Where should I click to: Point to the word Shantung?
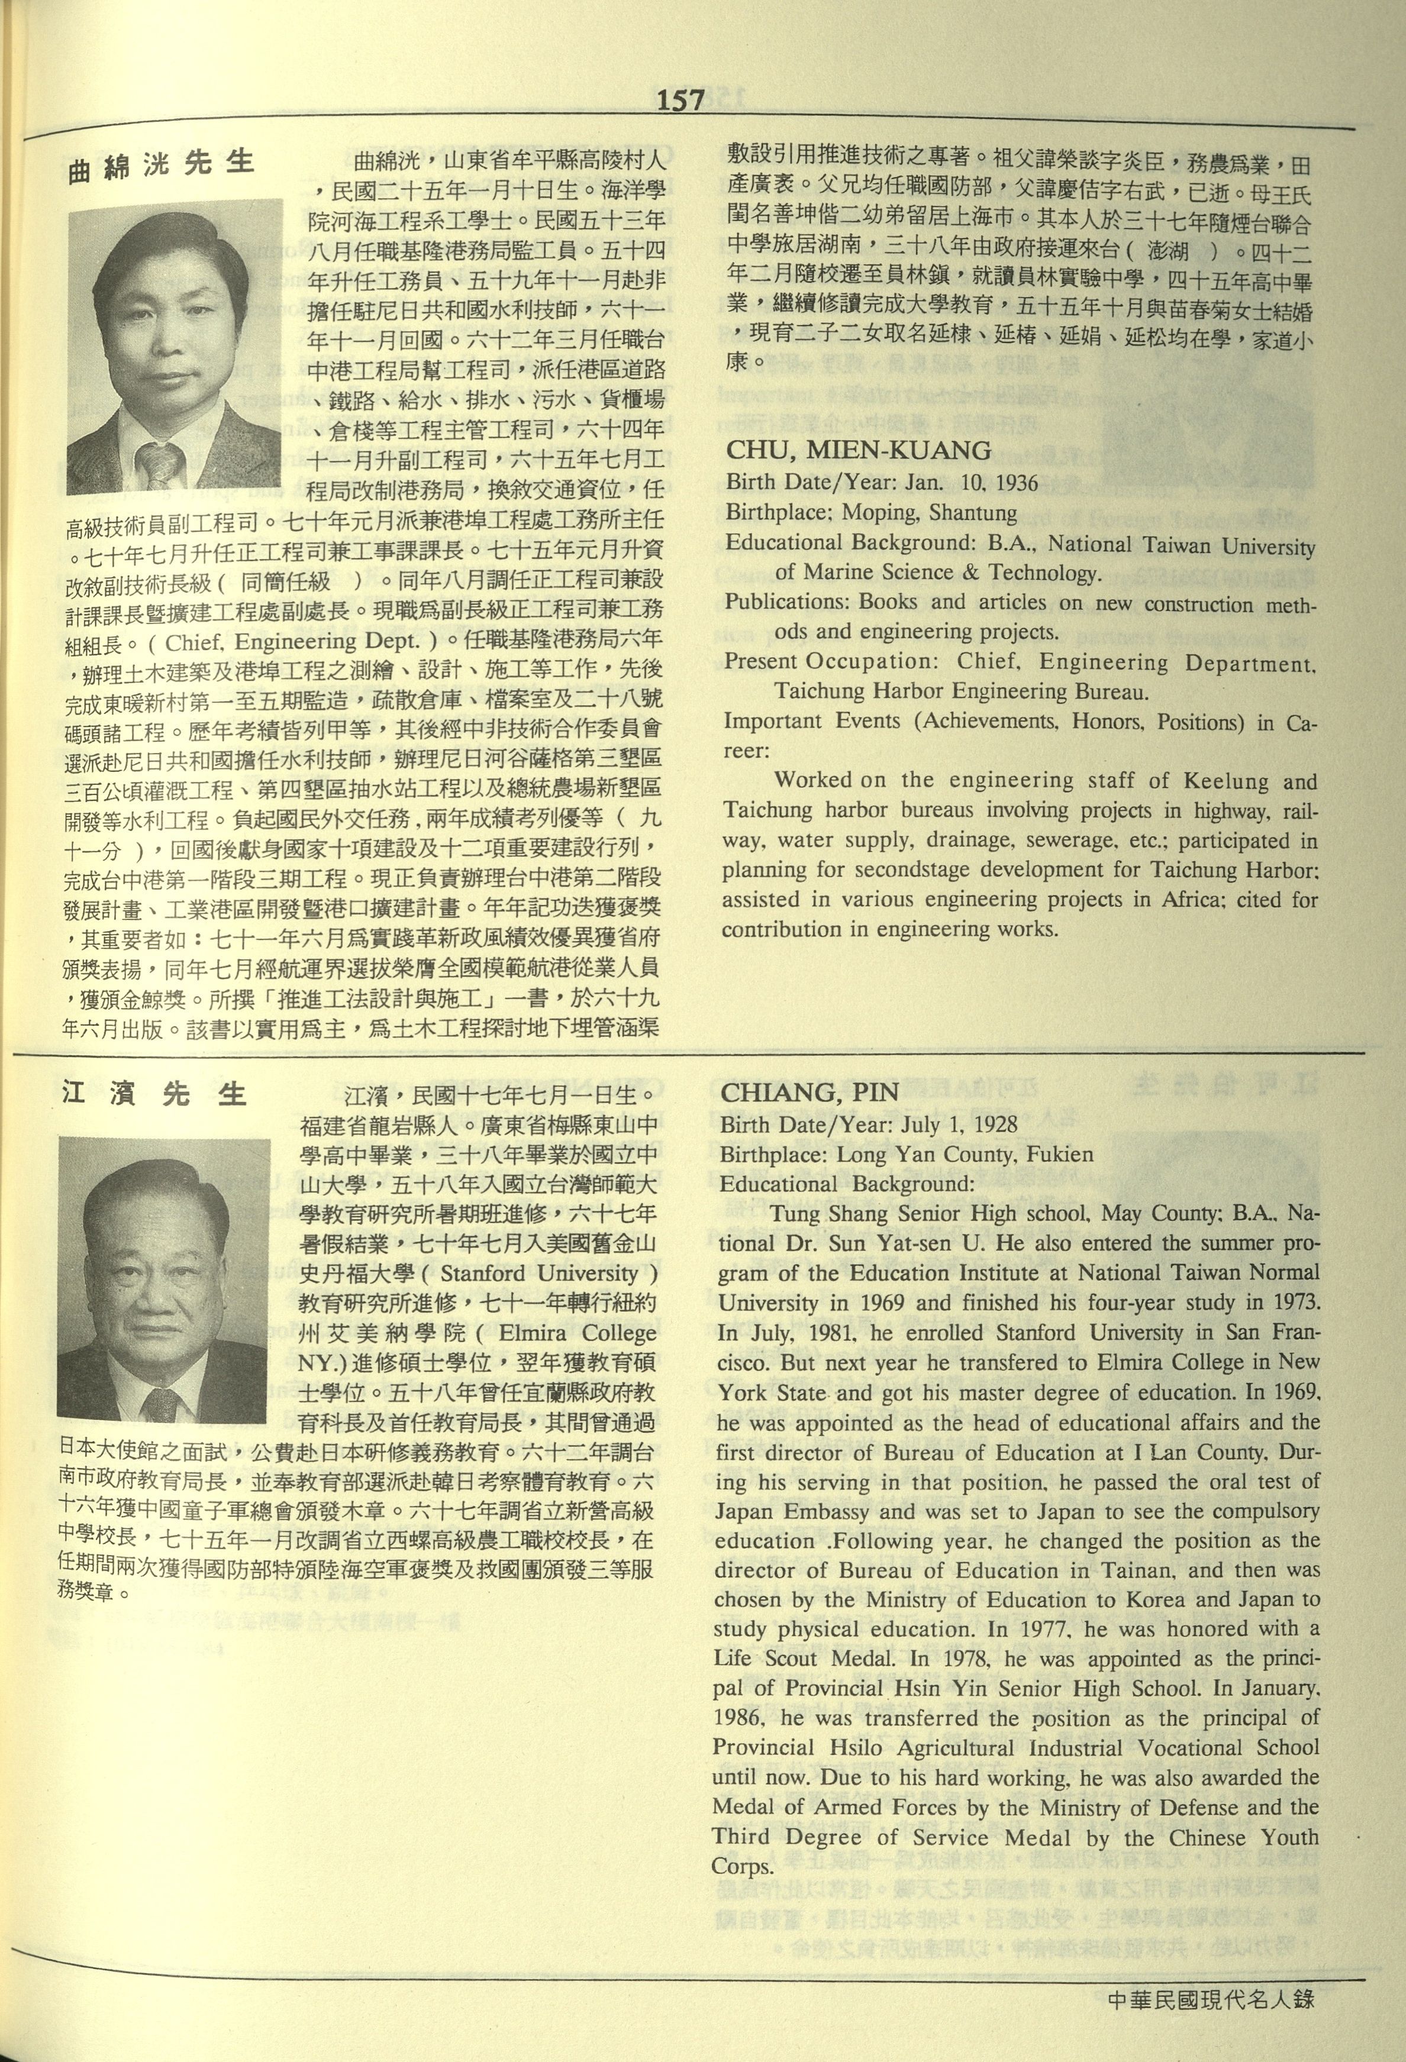tap(974, 513)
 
